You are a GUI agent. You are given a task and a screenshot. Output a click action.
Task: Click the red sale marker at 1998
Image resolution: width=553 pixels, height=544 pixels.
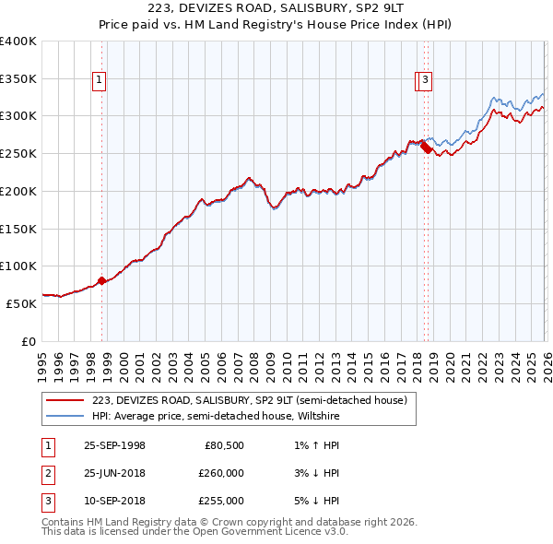pos(101,280)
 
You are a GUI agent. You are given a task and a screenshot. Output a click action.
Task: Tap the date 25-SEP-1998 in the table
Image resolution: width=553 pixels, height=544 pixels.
pos(114,445)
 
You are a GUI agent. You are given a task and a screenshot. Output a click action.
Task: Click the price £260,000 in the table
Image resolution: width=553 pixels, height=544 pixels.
pos(221,473)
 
